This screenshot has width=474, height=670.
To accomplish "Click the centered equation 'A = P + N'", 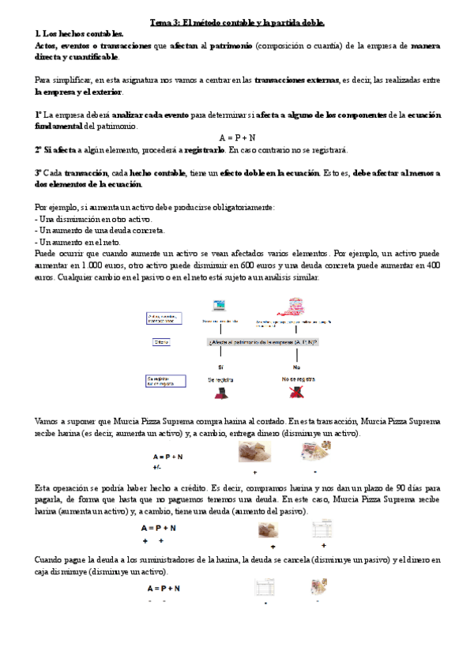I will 237,137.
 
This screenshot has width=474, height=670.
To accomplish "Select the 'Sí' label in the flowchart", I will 220,367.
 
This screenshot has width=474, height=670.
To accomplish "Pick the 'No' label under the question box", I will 296,367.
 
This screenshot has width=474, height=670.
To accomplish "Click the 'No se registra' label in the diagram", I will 296,380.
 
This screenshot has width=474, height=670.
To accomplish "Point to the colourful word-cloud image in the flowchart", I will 296,307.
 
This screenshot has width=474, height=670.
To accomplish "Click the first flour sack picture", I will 255,451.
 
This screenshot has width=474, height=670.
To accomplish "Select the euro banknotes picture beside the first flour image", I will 314,451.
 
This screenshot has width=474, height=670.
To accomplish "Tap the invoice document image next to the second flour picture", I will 322,529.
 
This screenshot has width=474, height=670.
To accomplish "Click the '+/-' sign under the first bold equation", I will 157,468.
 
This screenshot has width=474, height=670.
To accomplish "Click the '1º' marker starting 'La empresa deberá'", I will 39,115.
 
